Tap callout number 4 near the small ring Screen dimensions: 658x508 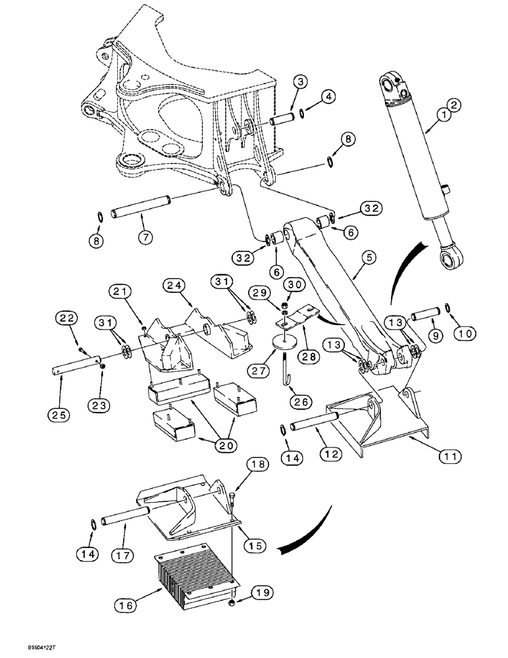click(x=328, y=96)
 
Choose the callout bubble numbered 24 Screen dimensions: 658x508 click(x=174, y=286)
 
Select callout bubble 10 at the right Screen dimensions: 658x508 click(x=465, y=334)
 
